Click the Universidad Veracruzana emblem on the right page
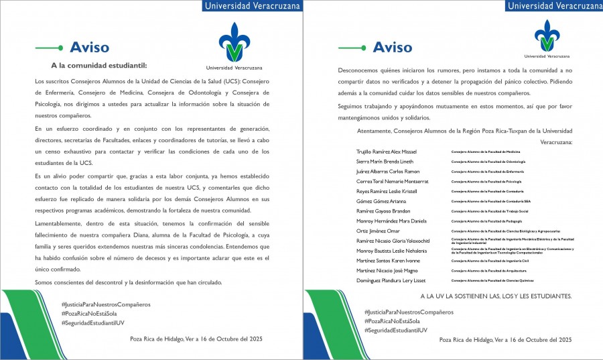(548, 36)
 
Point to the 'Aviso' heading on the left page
(89, 47)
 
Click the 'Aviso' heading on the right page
(392, 47)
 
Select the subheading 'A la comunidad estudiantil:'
(98, 66)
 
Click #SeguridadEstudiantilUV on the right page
(395, 331)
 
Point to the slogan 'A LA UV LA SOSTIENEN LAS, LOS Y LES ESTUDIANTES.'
(496, 296)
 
